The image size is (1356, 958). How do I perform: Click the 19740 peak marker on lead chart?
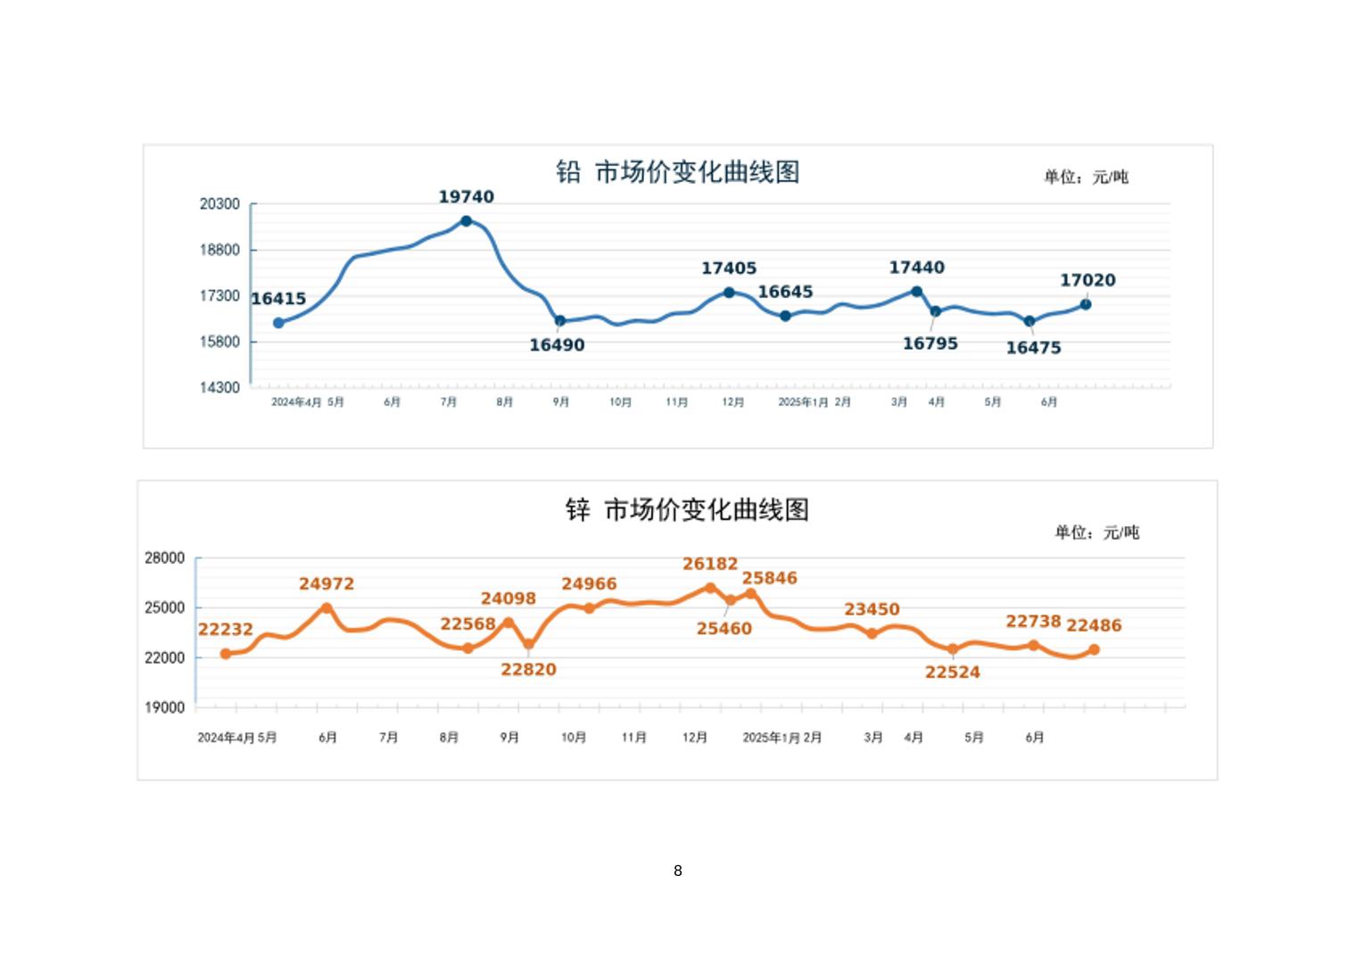pos(466,221)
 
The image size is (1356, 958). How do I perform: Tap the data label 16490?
pos(557,345)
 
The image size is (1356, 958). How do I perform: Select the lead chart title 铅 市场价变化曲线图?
pos(677,171)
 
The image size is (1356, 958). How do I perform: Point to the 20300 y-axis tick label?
pos(219,204)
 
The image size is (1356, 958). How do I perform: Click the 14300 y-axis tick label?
pos(219,387)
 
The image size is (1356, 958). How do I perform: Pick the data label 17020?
pos(1087,280)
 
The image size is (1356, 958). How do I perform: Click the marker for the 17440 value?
pos(916,292)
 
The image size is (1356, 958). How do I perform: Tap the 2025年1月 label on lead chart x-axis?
pos(803,402)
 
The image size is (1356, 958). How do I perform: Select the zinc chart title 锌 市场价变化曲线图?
pos(687,509)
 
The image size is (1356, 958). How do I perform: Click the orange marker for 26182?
pos(710,588)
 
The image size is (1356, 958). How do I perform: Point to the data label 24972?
pos(327,584)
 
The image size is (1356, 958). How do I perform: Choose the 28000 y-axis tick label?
pos(165,558)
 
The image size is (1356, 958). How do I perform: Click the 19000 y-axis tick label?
pos(165,707)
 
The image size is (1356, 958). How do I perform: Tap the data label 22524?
pos(952,673)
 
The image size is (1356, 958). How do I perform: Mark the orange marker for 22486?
pos(1094,649)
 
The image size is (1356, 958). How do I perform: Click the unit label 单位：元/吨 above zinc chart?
pos(1096,533)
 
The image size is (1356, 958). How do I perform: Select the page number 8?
pos(678,871)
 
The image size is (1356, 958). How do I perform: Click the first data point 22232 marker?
pos(226,654)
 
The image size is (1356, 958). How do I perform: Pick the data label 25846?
pos(769,578)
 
